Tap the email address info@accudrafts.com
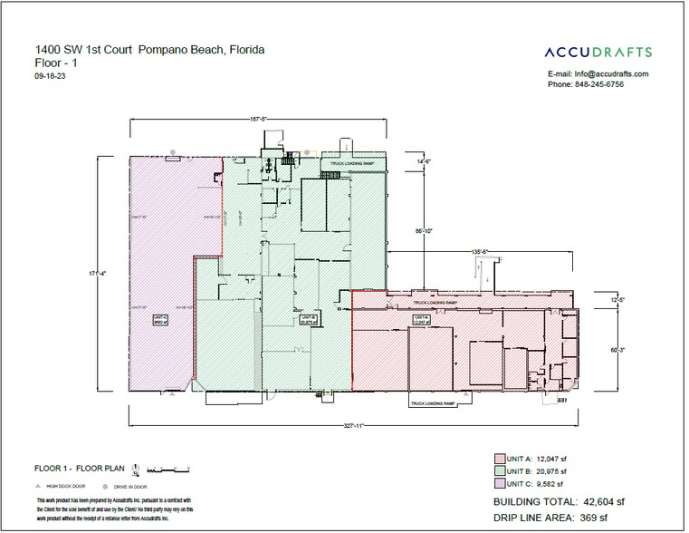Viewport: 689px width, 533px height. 609,73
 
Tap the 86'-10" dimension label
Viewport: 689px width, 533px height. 424,231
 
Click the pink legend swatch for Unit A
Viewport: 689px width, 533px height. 498,458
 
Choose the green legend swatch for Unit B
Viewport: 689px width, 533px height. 498,470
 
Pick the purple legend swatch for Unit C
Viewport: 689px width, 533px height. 498,484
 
